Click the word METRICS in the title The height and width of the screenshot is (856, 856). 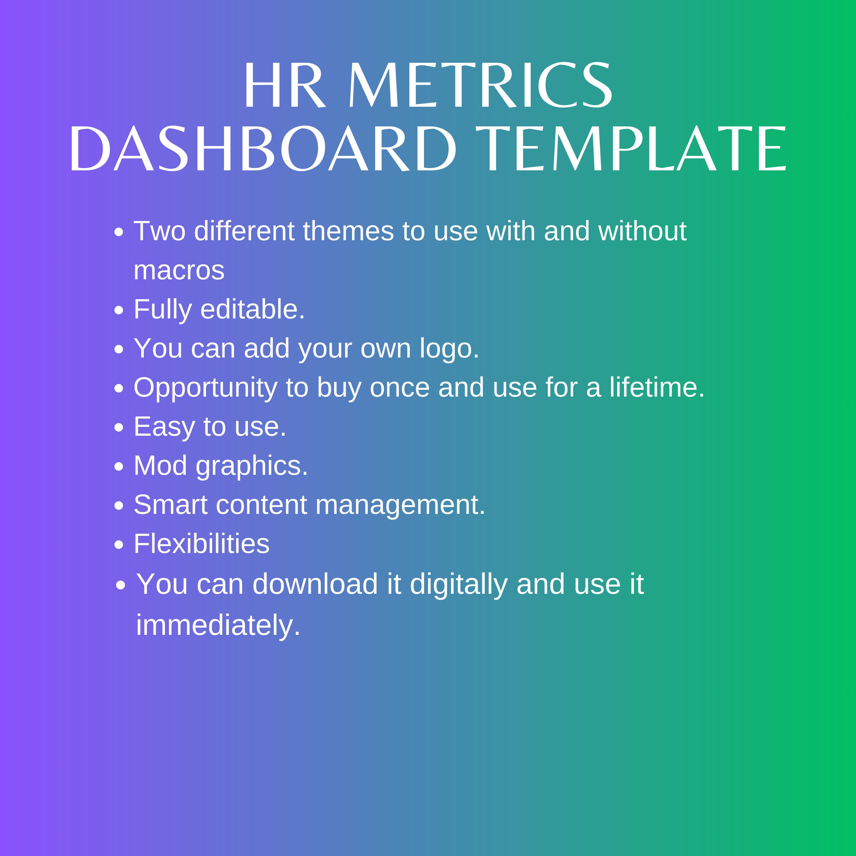click(481, 85)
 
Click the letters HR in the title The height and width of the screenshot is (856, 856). click(284, 85)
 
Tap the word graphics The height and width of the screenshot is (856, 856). click(252, 466)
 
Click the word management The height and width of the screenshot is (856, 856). click(401, 505)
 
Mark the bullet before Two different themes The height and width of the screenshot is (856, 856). click(118, 232)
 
